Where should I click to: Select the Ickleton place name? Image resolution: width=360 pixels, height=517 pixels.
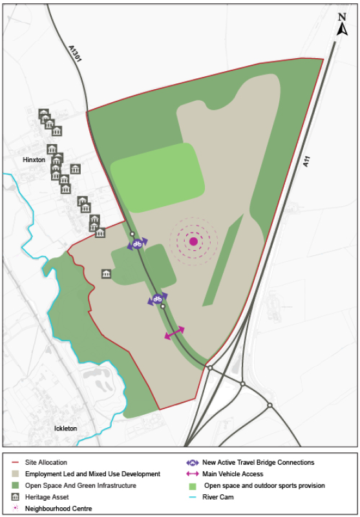pyautogui.click(x=65, y=428)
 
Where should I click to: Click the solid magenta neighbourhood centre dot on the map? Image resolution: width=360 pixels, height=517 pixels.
pyautogui.click(x=193, y=242)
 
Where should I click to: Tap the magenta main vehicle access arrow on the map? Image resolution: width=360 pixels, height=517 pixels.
pyautogui.click(x=175, y=332)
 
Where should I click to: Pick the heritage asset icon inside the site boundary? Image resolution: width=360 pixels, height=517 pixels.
pyautogui.click(x=106, y=275)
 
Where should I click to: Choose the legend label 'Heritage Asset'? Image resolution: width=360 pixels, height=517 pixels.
pyautogui.click(x=49, y=497)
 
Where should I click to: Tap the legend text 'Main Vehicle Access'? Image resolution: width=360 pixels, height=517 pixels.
pyautogui.click(x=233, y=474)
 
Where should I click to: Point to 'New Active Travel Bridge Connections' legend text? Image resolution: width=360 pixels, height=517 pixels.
pyautogui.click(x=259, y=463)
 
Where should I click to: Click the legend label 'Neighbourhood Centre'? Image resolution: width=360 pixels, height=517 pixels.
pyautogui.click(x=58, y=509)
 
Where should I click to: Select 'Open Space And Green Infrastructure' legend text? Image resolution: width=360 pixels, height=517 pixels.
pyautogui.click(x=81, y=485)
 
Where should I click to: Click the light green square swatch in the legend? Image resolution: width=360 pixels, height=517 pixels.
pyautogui.click(x=191, y=486)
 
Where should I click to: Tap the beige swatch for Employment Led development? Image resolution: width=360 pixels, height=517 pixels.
pyautogui.click(x=16, y=474)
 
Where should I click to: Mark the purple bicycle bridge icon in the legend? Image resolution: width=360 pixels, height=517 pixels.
pyautogui.click(x=192, y=463)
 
